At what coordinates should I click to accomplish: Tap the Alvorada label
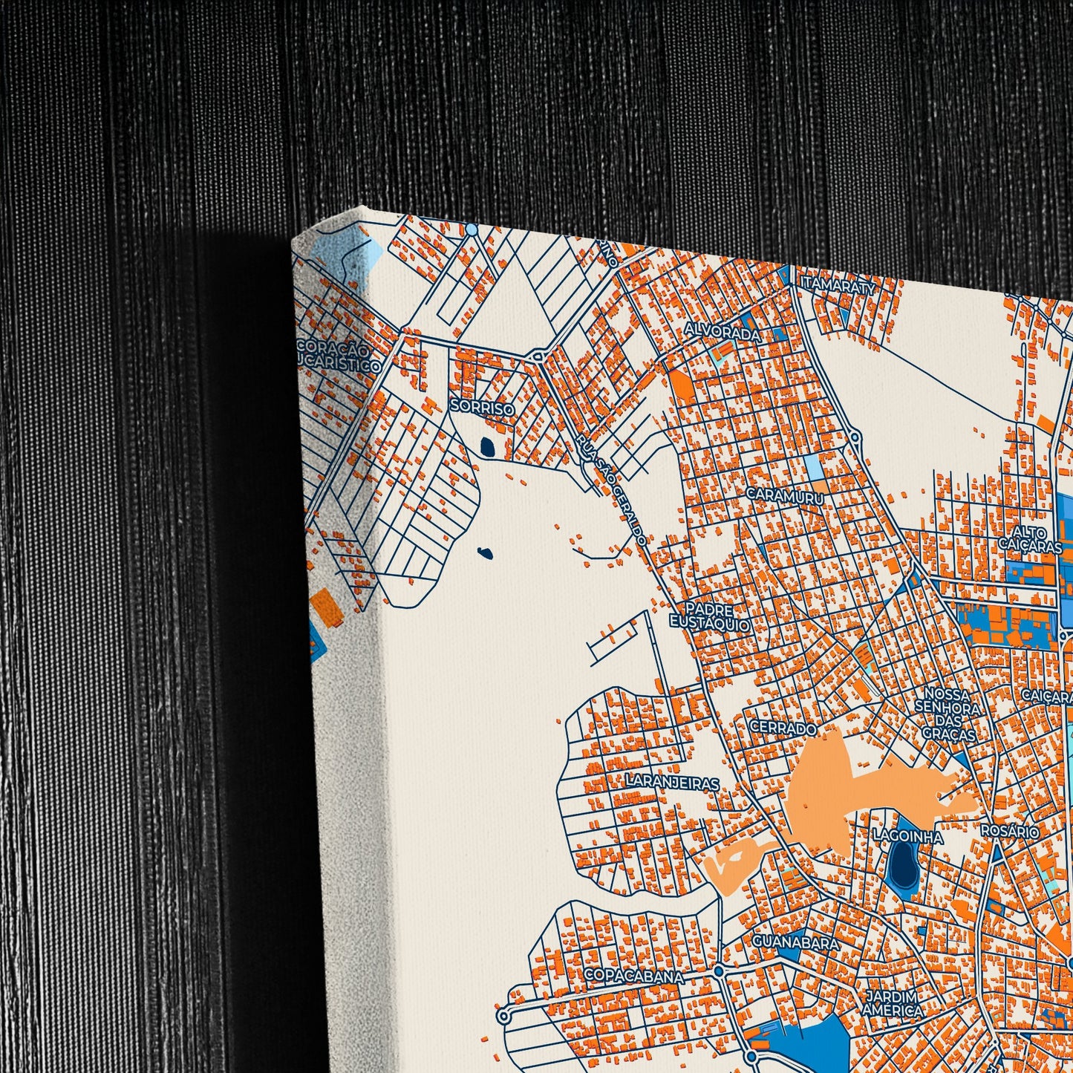click(722, 332)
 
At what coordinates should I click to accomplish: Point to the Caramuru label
click(784, 495)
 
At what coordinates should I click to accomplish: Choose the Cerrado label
click(783, 728)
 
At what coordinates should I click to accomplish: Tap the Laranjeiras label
click(672, 783)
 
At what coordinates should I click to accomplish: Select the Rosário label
click(1010, 831)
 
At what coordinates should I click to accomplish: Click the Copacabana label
click(633, 976)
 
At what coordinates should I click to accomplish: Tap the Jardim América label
click(892, 1003)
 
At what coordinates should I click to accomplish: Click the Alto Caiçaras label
click(1031, 539)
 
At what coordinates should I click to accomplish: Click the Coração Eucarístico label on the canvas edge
click(338, 357)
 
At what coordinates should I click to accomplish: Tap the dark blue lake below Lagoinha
click(903, 866)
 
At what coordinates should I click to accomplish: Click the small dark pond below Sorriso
click(488, 447)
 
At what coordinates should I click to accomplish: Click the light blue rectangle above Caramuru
click(814, 467)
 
